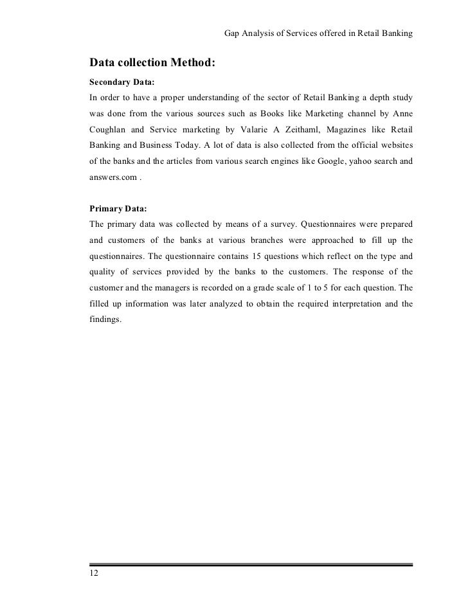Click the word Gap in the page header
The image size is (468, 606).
[232, 33]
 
